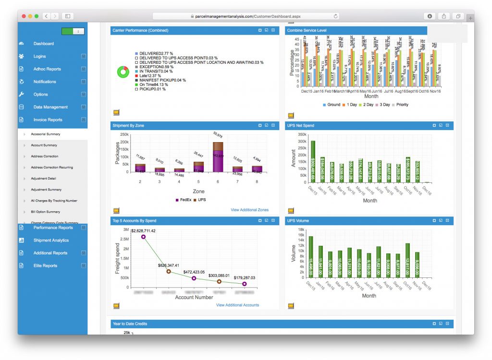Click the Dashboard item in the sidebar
point(44,44)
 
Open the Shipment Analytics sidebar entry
point(51,240)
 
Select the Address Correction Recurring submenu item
point(52,168)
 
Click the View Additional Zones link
point(249,210)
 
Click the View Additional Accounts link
point(237,305)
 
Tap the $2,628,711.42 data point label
point(137,231)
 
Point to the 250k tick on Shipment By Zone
point(124,135)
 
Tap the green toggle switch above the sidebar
point(73,31)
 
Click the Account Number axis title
point(194,298)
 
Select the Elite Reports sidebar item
point(45,266)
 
